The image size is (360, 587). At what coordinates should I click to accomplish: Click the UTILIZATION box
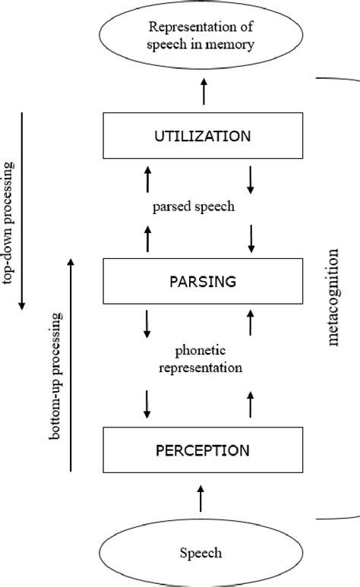tap(202, 137)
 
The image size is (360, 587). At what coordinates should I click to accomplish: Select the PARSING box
tap(202, 282)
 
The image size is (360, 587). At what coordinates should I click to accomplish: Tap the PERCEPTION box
tap(202, 450)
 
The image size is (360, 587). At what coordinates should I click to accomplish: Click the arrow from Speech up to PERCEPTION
tap(201, 499)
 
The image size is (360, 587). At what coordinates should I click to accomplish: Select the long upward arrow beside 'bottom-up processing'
tap(71, 365)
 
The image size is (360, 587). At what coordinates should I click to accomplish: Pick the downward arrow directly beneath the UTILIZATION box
tap(251, 179)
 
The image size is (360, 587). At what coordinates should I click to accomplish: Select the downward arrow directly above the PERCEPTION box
tap(148, 404)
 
